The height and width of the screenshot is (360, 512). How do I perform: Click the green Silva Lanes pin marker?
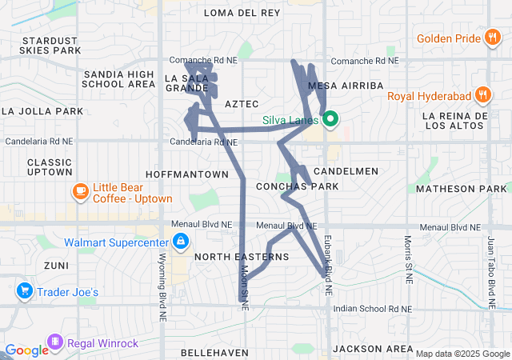(x=329, y=121)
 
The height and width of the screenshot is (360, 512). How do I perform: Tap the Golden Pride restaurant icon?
(x=493, y=38)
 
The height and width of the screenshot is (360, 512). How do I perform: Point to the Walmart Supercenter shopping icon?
(x=181, y=241)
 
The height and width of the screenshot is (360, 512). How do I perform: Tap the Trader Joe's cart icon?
(x=24, y=291)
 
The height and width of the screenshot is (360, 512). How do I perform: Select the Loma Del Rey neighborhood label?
(x=242, y=13)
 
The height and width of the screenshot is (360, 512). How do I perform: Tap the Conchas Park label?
(x=297, y=186)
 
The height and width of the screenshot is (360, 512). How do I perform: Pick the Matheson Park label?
(x=462, y=189)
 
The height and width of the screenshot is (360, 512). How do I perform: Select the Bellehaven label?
(x=207, y=352)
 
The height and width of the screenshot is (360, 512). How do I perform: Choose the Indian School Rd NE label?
(x=372, y=309)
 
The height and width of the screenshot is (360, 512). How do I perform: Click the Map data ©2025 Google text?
(x=462, y=354)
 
